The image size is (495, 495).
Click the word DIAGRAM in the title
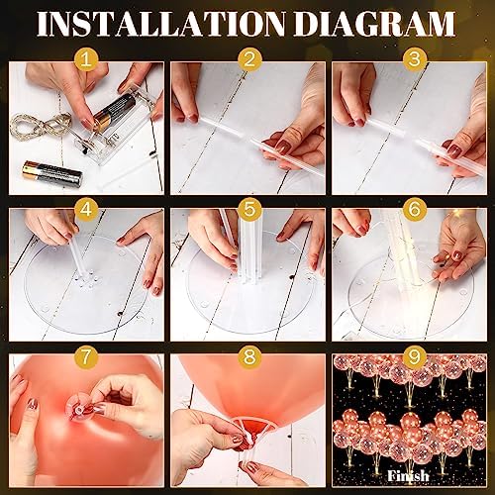coord(374,24)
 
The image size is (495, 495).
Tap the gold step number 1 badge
coord(86,59)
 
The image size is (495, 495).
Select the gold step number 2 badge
coord(249,59)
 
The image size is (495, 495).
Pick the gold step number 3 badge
coord(414,59)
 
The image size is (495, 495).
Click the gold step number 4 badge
coord(86,209)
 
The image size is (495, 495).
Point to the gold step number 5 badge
coord(249,209)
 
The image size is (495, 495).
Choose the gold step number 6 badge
coord(414,209)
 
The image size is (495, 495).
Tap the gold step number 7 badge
coord(86,356)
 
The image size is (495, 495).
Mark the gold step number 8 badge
coord(249,356)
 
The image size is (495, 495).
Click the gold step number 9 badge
coord(414,356)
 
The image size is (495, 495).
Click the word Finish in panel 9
coord(408,476)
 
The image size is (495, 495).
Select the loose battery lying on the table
coord(52,173)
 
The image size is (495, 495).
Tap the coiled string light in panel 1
coord(40,126)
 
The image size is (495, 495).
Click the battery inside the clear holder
coord(114,112)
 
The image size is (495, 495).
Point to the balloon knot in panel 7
coord(79,410)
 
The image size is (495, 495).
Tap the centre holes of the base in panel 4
coord(86,279)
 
